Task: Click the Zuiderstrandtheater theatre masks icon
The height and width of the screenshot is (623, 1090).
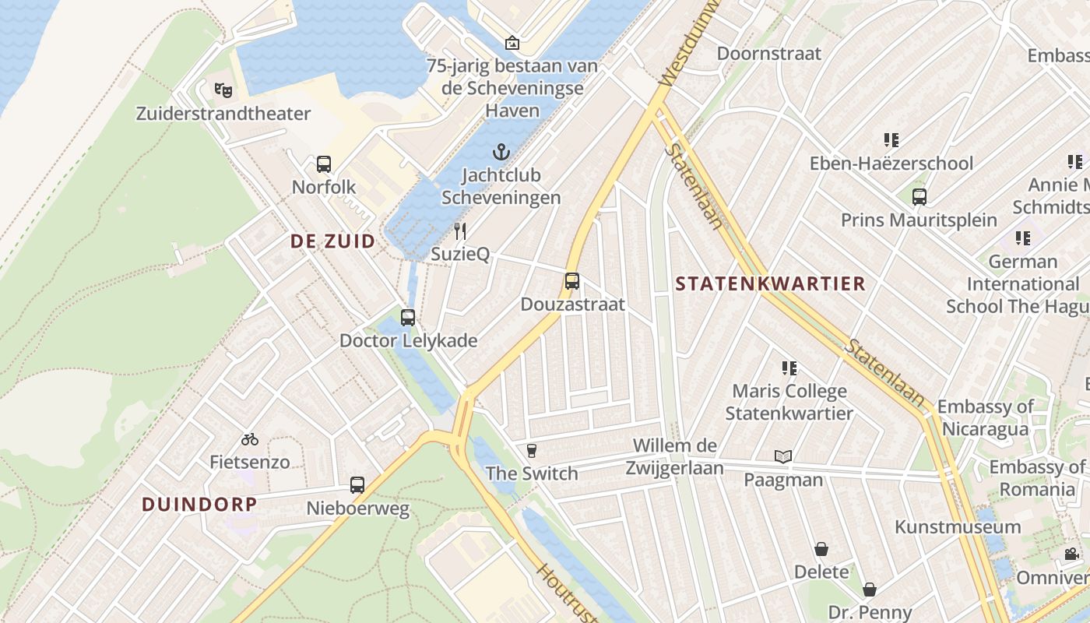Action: coord(223,90)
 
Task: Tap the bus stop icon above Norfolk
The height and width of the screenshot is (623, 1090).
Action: coord(324,164)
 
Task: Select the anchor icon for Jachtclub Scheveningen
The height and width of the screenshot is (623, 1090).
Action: coord(501,151)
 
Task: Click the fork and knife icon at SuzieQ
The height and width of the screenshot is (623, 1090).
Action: coord(460,231)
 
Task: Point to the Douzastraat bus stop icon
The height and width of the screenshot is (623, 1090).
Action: coord(572,281)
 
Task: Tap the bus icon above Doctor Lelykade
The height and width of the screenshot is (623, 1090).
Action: coord(408,318)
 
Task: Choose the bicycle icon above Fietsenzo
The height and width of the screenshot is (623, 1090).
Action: coord(250,439)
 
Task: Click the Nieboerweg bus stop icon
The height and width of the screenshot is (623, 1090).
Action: coord(357,485)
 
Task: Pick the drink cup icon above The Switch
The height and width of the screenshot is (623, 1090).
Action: coord(532,450)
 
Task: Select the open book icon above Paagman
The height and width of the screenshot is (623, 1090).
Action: coord(783,456)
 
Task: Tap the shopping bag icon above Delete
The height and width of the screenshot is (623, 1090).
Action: coord(821,549)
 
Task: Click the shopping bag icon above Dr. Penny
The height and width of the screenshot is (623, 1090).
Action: coord(870,590)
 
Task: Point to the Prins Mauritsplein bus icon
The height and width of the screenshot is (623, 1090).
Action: coord(919,196)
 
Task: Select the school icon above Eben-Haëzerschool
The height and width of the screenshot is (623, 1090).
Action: coord(891,140)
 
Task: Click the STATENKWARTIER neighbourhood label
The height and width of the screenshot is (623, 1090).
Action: coord(770,283)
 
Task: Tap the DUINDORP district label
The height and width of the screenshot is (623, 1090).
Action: coord(199,504)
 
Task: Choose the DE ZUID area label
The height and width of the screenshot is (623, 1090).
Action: coord(332,241)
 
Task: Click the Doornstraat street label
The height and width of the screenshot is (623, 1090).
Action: coord(769,54)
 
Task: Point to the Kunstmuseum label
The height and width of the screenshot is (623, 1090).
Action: coord(958,527)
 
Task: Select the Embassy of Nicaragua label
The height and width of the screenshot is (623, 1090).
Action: coord(986,417)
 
